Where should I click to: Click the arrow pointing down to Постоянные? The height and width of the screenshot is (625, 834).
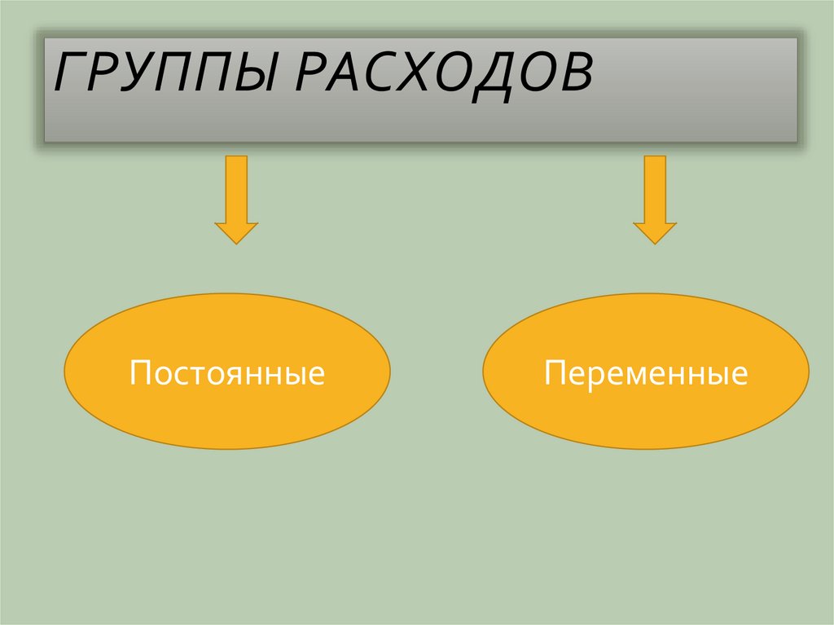236,200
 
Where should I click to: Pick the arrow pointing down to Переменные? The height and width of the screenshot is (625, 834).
655,200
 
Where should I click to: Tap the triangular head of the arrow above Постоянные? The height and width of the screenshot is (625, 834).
236,231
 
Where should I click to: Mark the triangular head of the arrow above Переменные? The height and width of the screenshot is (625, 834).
655,231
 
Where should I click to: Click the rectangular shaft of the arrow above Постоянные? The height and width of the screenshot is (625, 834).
236,187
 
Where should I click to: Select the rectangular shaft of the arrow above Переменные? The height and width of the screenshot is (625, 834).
655,187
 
